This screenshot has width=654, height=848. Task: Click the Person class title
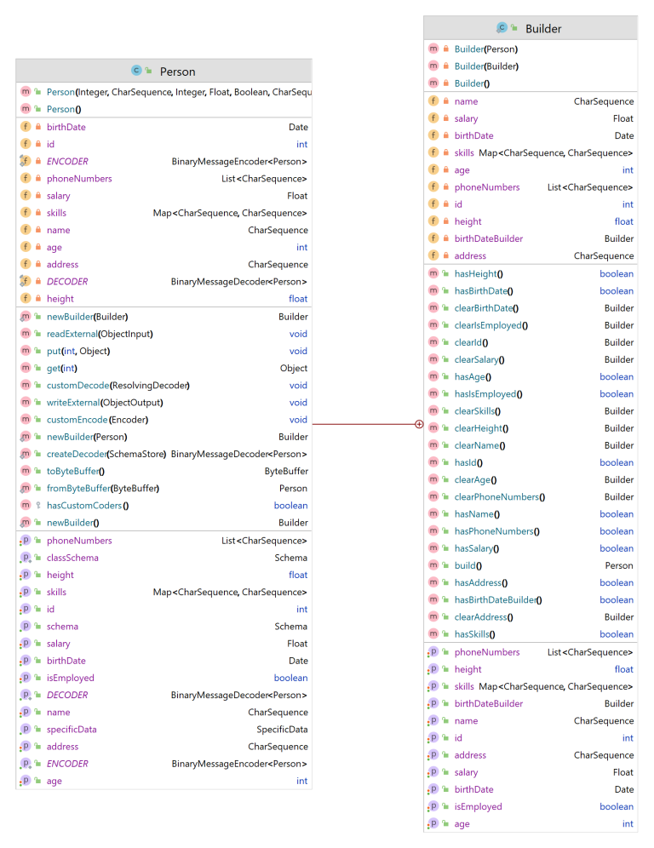click(177, 72)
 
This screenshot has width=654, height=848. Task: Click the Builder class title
click(542, 28)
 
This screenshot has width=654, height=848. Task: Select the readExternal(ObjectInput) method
click(100, 334)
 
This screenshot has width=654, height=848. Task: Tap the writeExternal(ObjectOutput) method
click(105, 403)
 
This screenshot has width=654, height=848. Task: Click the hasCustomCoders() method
click(88, 506)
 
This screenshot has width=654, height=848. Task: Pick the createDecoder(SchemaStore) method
click(106, 454)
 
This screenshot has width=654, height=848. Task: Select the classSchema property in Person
click(72, 558)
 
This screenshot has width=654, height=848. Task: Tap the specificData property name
click(72, 730)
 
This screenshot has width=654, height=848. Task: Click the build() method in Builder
click(468, 565)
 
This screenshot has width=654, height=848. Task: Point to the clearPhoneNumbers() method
click(499, 497)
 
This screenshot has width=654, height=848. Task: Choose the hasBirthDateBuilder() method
click(498, 600)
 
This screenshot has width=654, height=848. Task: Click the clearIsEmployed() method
click(490, 325)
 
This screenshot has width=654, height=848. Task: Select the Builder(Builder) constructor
click(486, 66)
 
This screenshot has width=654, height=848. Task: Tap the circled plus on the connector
click(418, 423)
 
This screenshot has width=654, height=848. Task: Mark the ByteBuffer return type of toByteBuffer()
click(286, 471)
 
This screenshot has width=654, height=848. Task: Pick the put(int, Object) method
click(78, 351)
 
